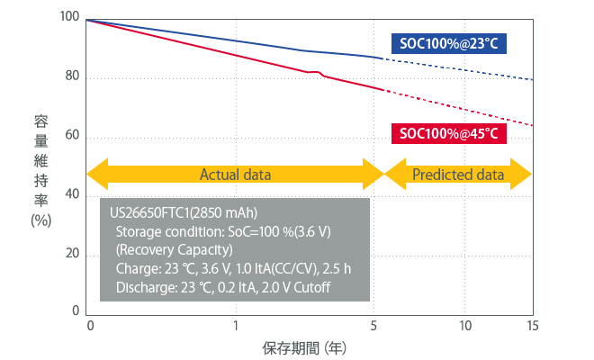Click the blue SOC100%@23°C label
(x=447, y=42)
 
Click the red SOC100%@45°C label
(x=447, y=134)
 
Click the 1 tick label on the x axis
(x=236, y=326)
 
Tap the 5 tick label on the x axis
(x=373, y=326)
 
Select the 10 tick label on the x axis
(x=465, y=326)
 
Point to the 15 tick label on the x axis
(x=533, y=326)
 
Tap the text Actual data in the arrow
(x=234, y=174)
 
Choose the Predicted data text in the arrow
(x=458, y=174)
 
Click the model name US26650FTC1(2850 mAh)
(x=184, y=213)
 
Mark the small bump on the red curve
(x=317, y=72)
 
